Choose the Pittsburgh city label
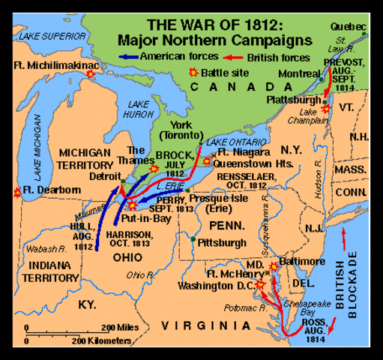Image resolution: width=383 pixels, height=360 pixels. tap(221, 242)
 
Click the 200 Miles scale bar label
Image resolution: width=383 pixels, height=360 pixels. tap(117, 327)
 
